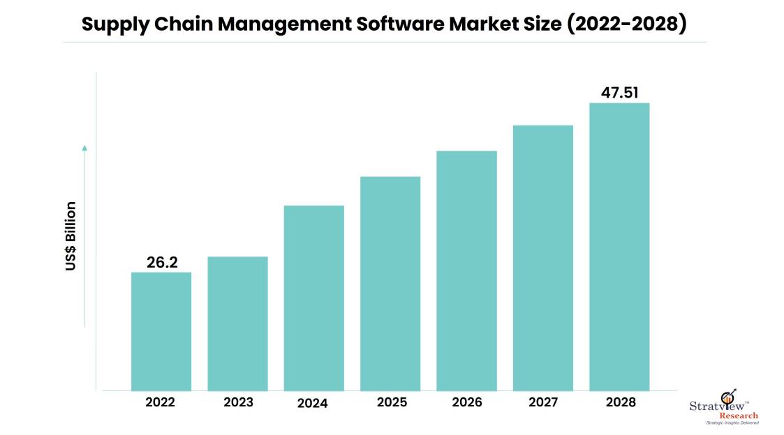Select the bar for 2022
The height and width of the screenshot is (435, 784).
(161, 331)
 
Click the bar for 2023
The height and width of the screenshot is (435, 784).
(237, 323)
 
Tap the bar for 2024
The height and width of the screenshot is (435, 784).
(313, 298)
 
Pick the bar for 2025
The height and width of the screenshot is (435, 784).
(390, 283)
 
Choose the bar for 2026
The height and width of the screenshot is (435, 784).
(466, 270)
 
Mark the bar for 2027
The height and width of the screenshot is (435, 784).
(543, 258)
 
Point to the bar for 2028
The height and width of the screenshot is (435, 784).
(619, 247)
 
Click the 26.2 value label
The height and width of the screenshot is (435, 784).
(161, 262)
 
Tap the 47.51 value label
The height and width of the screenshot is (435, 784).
(620, 93)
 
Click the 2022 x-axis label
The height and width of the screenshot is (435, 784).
(161, 402)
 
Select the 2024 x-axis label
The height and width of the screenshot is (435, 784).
(313, 403)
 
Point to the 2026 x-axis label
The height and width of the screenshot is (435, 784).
(466, 402)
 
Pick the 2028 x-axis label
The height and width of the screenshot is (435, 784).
(619, 402)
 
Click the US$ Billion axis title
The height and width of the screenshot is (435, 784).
(71, 236)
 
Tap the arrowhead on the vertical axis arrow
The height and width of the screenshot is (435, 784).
(84, 148)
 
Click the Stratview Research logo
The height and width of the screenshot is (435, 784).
(723, 408)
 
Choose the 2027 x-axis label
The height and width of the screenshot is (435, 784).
(543, 402)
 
